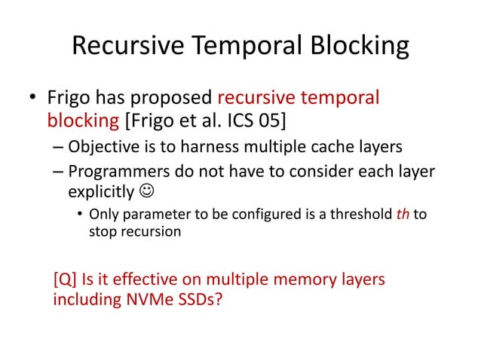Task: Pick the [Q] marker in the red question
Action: tap(66, 280)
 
